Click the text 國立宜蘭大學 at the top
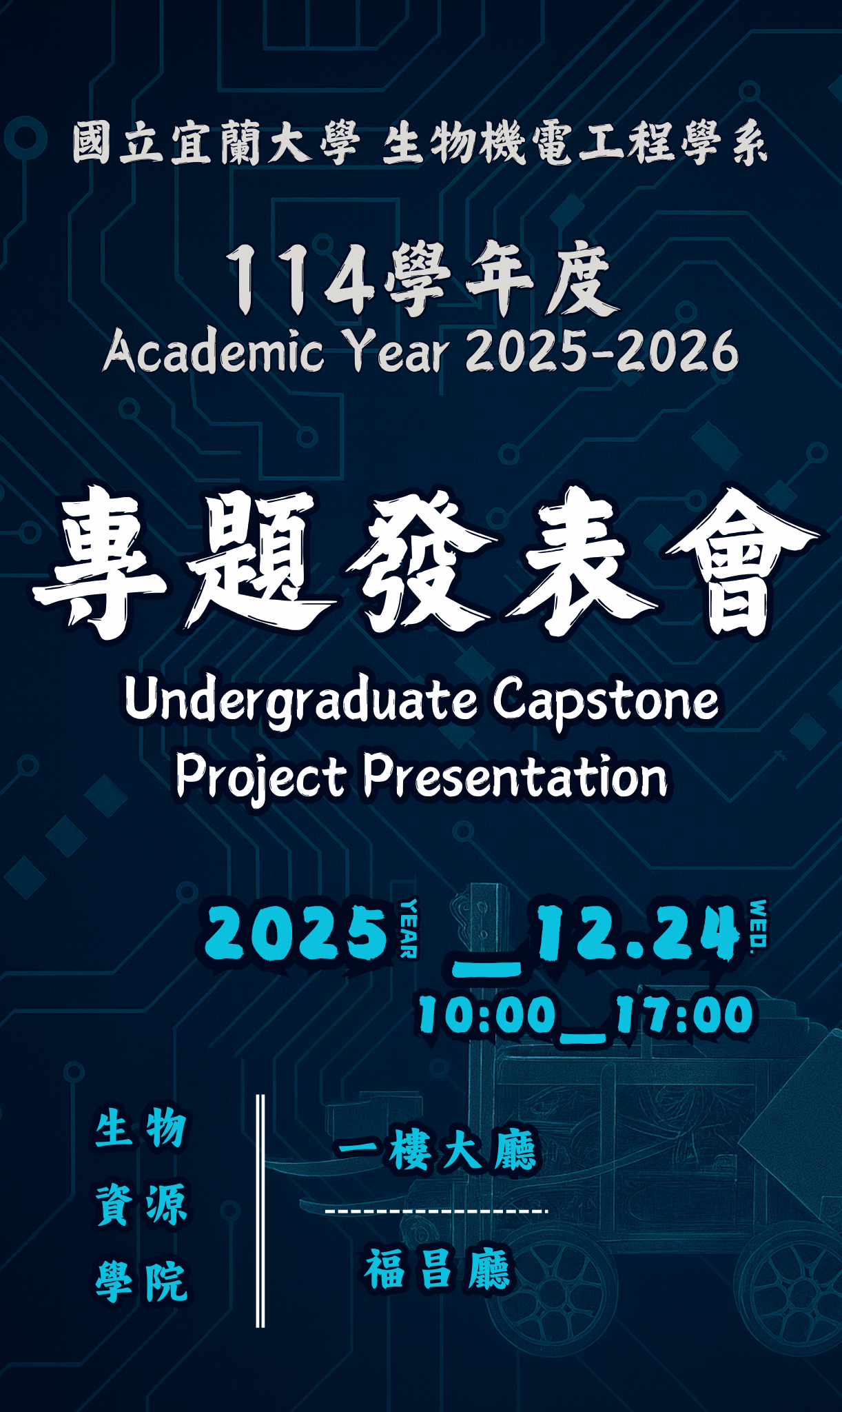coord(216,143)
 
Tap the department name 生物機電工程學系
coord(575,143)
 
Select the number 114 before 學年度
coord(300,281)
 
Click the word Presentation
coord(515,775)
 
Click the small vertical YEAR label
coord(409,928)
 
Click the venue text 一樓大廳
coord(437,1150)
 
